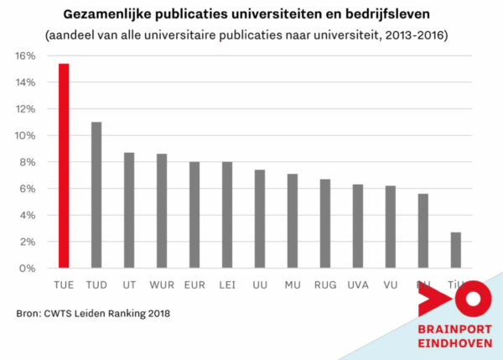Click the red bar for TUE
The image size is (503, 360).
point(64,166)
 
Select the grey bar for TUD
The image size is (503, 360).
point(96,196)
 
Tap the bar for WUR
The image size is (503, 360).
point(162,211)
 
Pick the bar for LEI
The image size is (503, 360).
point(226,215)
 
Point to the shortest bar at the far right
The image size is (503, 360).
point(456,250)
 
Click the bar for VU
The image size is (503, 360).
point(391,227)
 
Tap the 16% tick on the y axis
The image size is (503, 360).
point(24,56)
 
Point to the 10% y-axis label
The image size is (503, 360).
point(24,136)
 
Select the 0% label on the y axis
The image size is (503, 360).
point(27,269)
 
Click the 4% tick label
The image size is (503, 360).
point(27,216)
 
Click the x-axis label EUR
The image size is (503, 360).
point(194,284)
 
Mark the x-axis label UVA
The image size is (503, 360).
point(358,284)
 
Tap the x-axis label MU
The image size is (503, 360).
point(293,284)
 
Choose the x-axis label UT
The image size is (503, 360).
point(129,284)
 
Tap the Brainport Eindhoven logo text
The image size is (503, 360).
point(454,334)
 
